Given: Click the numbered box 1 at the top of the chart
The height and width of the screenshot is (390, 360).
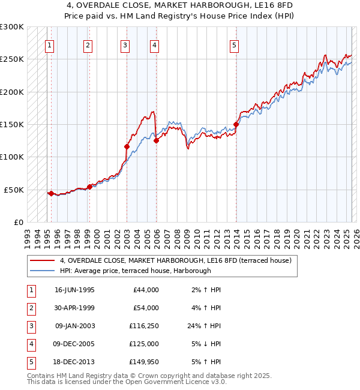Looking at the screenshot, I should [x=49, y=44].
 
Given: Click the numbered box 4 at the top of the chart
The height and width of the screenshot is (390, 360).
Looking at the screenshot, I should [x=154, y=44].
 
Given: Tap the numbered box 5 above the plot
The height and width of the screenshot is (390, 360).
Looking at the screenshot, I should [x=233, y=44].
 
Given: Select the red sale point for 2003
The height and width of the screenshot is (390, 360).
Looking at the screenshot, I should [x=127, y=146].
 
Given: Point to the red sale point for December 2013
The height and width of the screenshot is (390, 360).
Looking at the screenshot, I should [x=236, y=124].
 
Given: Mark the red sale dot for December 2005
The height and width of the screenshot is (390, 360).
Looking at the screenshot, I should [x=156, y=140].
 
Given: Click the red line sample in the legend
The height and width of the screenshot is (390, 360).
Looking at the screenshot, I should [x=43, y=260].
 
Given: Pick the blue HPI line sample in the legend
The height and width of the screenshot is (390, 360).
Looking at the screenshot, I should [x=43, y=271].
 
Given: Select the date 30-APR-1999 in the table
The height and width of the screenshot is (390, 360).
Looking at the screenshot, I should [x=74, y=308].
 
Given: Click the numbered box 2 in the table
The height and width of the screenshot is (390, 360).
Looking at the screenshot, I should [x=31, y=308].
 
